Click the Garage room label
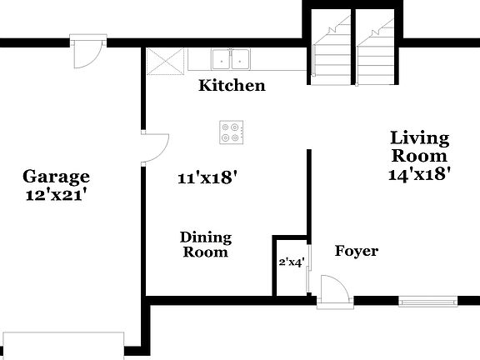click(56, 176)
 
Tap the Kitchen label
click(232, 85)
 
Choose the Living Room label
click(419, 147)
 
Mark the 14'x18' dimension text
click(419, 174)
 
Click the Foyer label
click(356, 251)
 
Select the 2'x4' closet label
click(291, 262)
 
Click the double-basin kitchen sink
click(231, 59)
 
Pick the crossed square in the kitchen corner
click(164, 61)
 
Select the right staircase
click(376, 50)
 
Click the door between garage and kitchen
click(154, 147)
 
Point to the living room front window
click(428, 300)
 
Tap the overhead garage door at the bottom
click(62, 344)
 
